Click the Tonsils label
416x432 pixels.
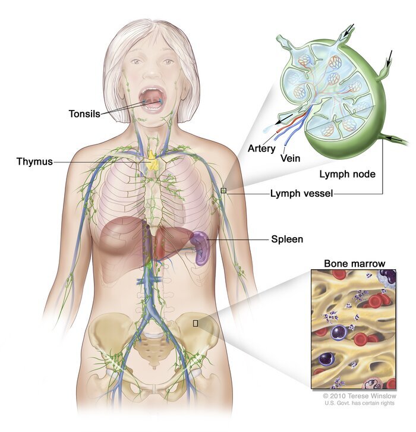tap(84, 113)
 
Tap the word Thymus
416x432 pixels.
tap(34, 162)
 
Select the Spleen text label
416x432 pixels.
tap(287, 239)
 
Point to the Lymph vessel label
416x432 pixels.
tap(301, 193)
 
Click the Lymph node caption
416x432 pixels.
tap(348, 174)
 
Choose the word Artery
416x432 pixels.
tap(261, 149)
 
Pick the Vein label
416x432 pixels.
tap(290, 158)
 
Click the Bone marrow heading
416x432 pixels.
tap(355, 263)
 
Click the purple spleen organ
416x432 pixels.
tap(200, 247)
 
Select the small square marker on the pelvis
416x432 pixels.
tap(196, 323)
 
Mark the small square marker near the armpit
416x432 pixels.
tap(223, 190)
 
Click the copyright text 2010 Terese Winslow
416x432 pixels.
tap(360, 396)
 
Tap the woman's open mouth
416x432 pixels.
tap(152, 98)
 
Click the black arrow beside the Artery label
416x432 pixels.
tap(284, 119)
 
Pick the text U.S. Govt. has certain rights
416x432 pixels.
tap(360, 403)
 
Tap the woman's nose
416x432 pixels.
tap(153, 72)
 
